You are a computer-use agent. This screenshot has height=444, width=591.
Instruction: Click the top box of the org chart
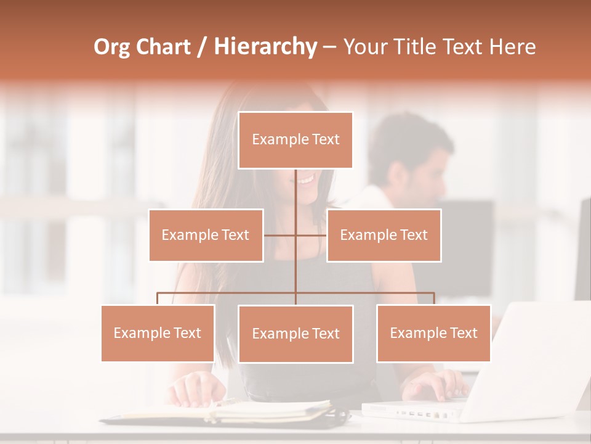[x=295, y=140]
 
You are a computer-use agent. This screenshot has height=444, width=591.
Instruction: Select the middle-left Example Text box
[x=206, y=235]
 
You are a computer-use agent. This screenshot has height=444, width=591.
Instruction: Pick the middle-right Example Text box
[x=384, y=235]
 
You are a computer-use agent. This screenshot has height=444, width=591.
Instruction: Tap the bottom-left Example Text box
[x=158, y=333]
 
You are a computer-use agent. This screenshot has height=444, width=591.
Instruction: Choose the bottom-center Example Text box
[x=295, y=334]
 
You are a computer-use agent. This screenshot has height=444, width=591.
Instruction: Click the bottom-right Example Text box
[x=433, y=333]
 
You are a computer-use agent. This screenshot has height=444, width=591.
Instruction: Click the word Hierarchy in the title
[x=265, y=47]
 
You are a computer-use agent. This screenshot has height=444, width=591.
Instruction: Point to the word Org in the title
[x=113, y=47]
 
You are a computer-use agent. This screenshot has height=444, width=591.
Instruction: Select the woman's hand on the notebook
[x=196, y=390]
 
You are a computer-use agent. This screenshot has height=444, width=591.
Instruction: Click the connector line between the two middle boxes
[x=295, y=235]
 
